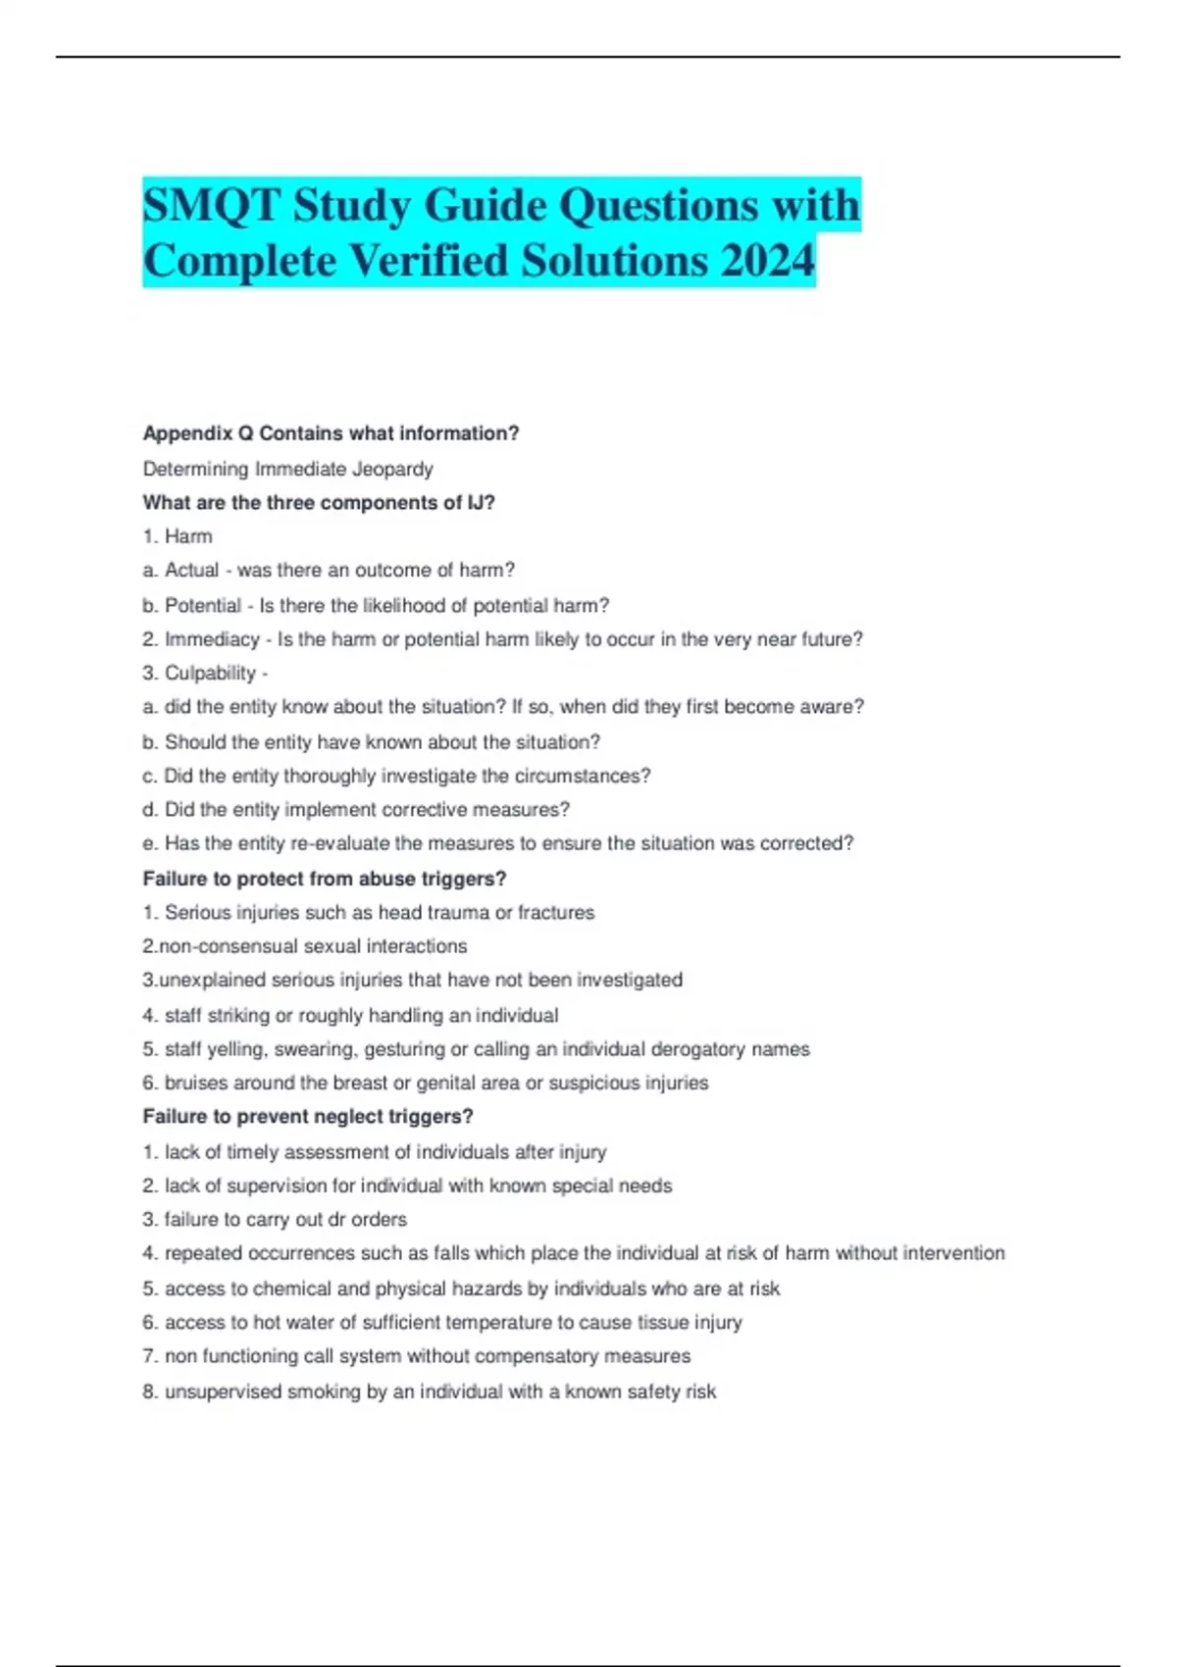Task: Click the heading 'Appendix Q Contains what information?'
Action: [331, 433]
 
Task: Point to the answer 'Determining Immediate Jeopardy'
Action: [287, 469]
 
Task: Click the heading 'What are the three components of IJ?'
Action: [319, 503]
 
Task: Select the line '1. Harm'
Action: [178, 536]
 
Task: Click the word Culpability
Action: [210, 673]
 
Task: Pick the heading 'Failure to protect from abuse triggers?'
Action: [325, 879]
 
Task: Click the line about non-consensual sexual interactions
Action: [305, 946]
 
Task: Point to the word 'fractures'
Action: [556, 913]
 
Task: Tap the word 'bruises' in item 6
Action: [193, 1083]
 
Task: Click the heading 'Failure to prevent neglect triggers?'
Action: [308, 1117]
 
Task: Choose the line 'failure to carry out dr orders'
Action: [275, 1220]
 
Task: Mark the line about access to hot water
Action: [442, 1323]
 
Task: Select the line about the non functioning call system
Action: [417, 1356]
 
